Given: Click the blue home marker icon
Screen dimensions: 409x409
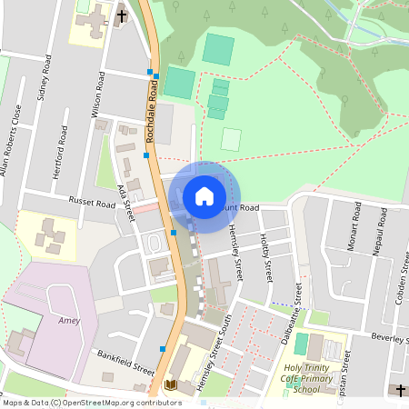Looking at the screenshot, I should tap(204, 195).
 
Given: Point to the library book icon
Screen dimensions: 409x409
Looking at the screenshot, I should tap(170, 385).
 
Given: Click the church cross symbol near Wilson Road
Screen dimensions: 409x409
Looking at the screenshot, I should tap(122, 15).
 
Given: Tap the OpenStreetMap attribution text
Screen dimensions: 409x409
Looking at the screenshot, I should tap(91, 403).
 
